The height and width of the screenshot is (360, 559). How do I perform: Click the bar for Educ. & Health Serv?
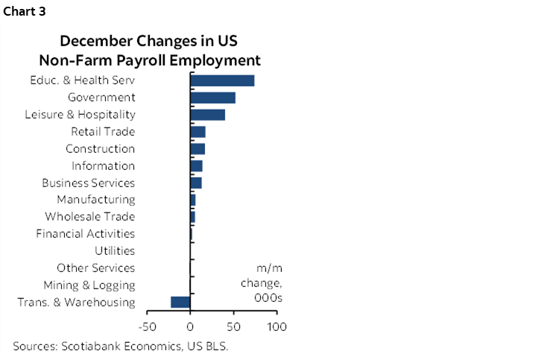tap(222, 80)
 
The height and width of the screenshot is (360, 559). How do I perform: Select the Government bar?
tap(212, 98)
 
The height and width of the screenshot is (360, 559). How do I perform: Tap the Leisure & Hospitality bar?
tap(207, 115)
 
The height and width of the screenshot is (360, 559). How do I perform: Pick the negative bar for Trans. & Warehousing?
tap(180, 302)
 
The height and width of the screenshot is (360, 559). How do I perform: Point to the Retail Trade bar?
tap(198, 132)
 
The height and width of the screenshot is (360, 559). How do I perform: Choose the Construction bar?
tap(198, 149)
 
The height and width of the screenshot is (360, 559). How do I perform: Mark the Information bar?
tap(196, 165)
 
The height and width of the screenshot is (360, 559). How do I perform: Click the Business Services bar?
tap(195, 183)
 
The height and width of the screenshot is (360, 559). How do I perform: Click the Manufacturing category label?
tap(96, 200)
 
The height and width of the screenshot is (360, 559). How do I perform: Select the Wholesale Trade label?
tap(89, 217)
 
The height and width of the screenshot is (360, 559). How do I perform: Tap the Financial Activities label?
tap(85, 234)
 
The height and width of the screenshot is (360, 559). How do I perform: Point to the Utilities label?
tap(114, 251)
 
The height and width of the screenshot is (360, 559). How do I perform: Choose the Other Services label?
tap(95, 268)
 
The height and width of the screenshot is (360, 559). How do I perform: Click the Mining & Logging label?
tap(89, 285)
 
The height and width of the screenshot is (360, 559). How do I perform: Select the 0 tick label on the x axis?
tap(190, 326)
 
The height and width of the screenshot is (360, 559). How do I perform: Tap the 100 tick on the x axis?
tap(277, 326)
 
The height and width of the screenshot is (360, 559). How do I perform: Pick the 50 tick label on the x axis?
tap(234, 326)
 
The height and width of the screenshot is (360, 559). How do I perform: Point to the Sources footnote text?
tap(120, 346)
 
